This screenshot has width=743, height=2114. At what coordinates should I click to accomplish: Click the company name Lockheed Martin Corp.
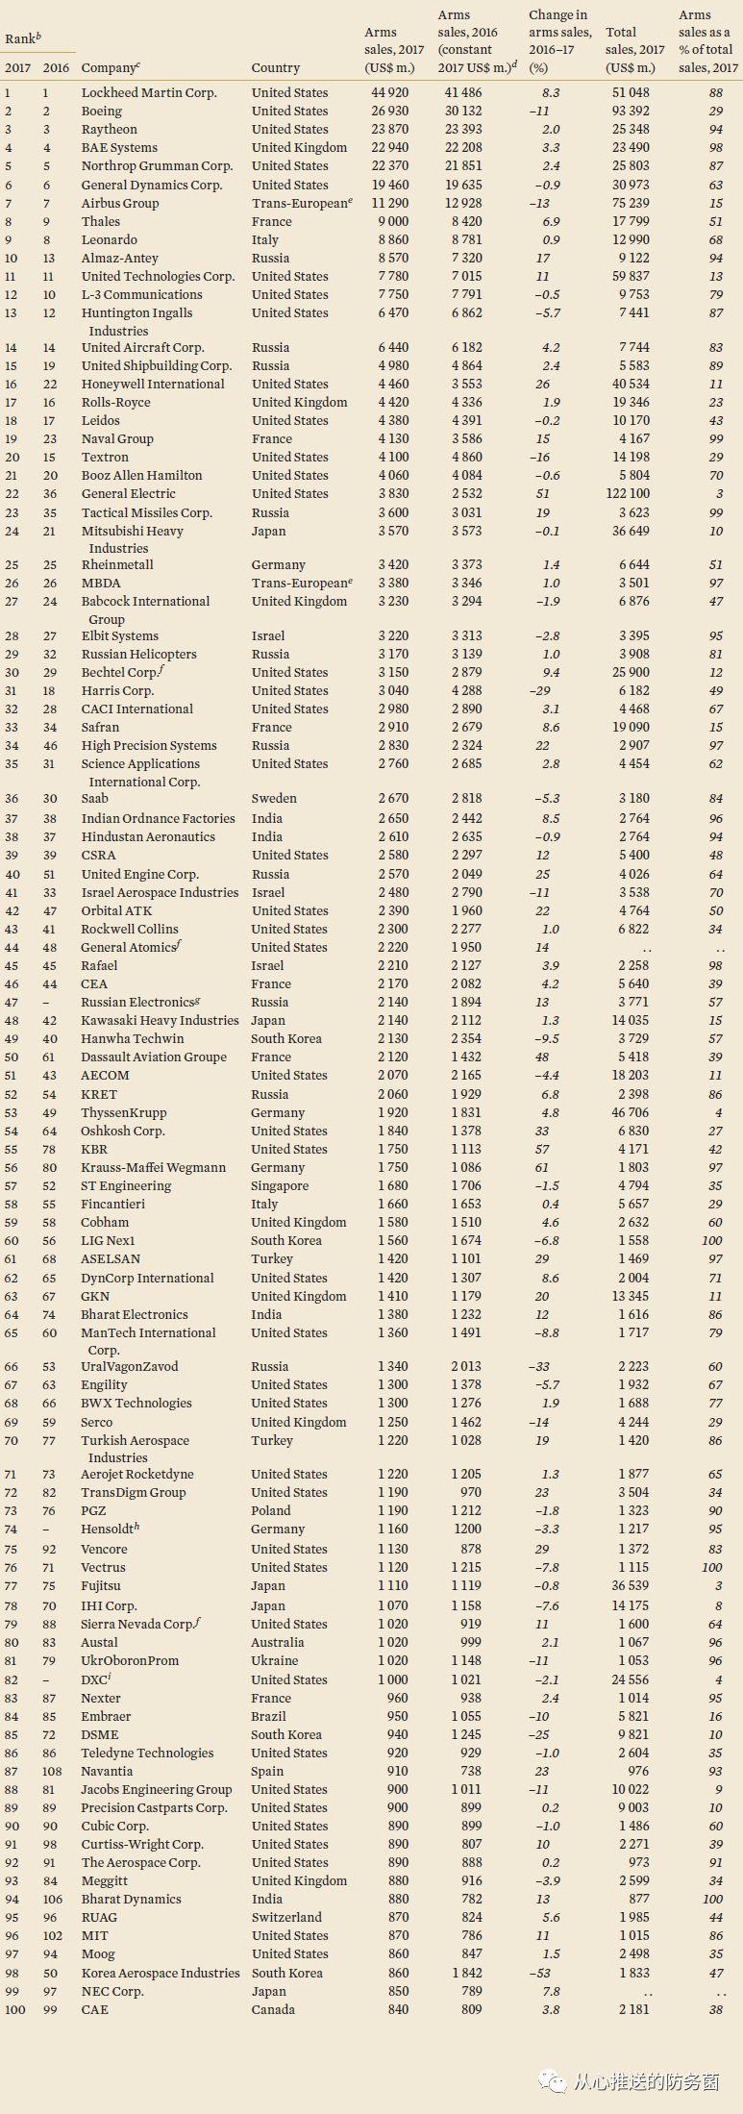click(x=149, y=93)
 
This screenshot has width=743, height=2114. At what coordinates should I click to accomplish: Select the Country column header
click(x=276, y=68)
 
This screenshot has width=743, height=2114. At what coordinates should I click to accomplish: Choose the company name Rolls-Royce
click(x=115, y=403)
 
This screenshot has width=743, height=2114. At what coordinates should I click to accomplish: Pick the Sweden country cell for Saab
click(x=274, y=799)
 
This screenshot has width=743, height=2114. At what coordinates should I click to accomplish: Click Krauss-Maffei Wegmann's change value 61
click(x=543, y=1168)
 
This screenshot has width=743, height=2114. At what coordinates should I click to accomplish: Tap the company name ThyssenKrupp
click(x=124, y=1113)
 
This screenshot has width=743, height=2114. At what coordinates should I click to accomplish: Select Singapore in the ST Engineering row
click(x=280, y=1186)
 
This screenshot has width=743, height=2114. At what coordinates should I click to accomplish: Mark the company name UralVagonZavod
click(x=129, y=1367)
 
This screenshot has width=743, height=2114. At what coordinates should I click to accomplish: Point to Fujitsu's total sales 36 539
click(x=631, y=1586)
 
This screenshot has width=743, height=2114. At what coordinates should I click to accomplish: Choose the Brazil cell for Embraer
click(x=269, y=1717)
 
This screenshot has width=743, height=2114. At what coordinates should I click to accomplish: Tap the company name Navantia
click(x=107, y=1772)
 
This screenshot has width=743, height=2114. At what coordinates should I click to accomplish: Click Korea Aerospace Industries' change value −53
click(x=542, y=1974)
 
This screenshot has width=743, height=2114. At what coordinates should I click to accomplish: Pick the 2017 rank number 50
click(x=12, y=1057)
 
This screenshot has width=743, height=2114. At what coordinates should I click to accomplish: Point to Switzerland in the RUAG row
click(x=286, y=1918)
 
